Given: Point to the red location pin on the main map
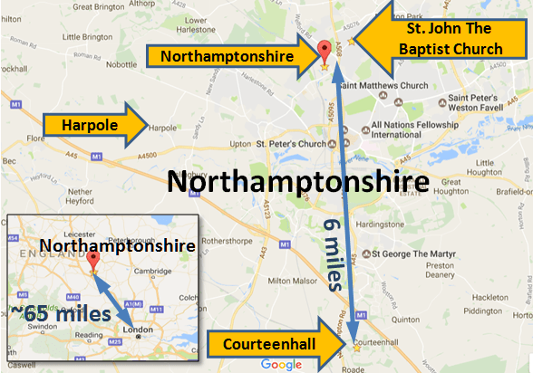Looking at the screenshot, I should click(x=325, y=49).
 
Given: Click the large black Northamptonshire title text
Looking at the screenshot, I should click(x=298, y=182).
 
